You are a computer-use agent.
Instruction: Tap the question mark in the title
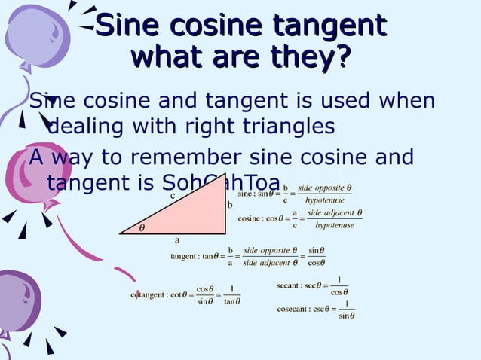coord(344,56)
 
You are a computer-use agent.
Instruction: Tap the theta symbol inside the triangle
coord(142,227)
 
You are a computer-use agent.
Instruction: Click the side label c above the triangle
coord(172,195)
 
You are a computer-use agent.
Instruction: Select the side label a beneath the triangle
coord(177,241)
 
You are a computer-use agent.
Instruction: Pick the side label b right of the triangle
coord(230,205)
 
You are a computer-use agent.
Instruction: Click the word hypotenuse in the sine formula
coord(325,200)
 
